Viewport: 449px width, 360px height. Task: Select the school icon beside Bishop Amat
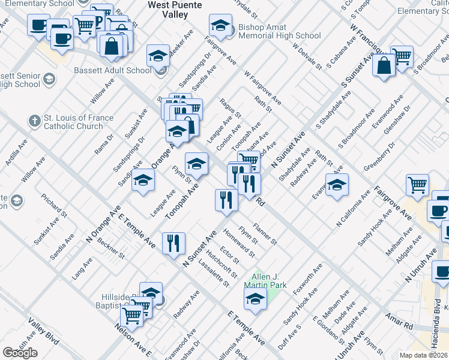pyautogui.click(x=220, y=26)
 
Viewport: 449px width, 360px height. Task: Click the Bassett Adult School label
pyautogui.click(x=113, y=70)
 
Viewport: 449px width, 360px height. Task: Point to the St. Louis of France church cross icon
pyautogui.click(x=35, y=121)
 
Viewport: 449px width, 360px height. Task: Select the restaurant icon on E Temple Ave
pyautogui.click(x=173, y=244)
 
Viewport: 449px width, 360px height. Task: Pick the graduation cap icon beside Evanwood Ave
pyautogui.click(x=337, y=186)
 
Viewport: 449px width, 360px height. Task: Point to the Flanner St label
pyautogui.click(x=265, y=234)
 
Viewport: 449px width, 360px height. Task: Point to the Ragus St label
pyautogui.click(x=231, y=108)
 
